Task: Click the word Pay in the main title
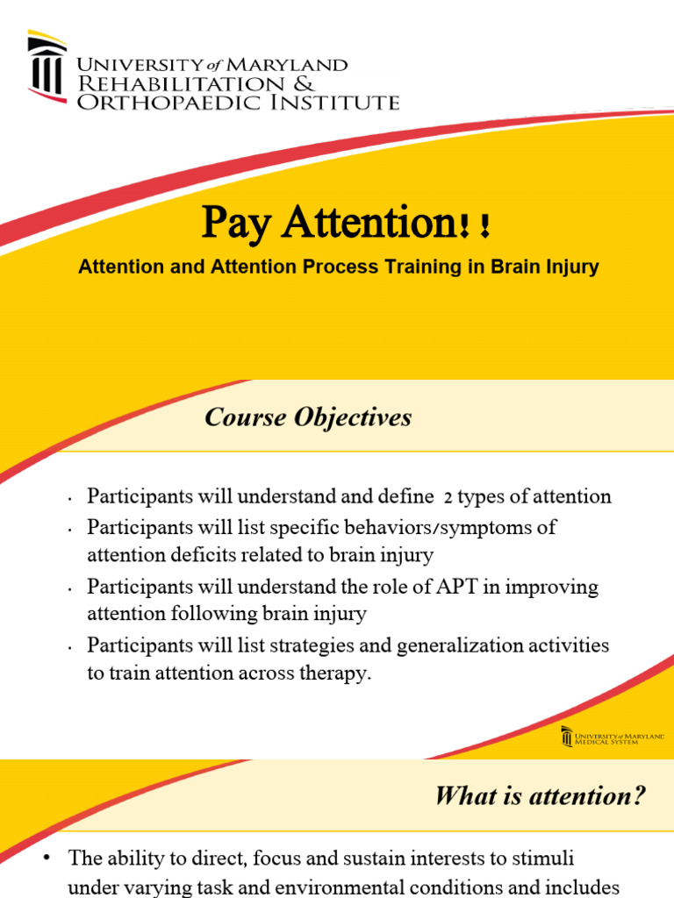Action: [x=233, y=224]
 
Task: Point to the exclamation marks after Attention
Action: [x=473, y=229]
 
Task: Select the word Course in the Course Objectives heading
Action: [x=243, y=418]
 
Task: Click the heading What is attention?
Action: [x=539, y=796]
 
